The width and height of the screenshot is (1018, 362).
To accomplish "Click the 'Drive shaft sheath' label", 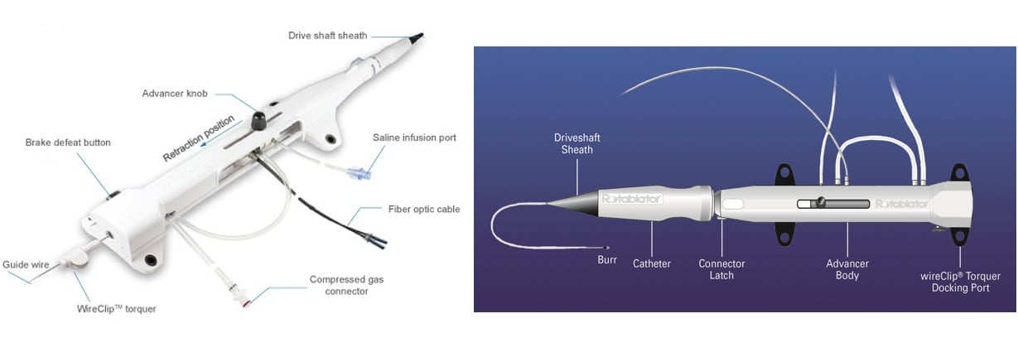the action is (x=328, y=36).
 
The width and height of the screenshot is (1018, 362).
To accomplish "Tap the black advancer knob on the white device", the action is (x=259, y=121).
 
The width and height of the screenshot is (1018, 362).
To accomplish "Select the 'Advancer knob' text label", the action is (x=175, y=94).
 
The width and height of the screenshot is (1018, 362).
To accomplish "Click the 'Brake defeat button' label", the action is (x=68, y=142).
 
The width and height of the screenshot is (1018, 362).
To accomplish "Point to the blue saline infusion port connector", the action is (x=358, y=173).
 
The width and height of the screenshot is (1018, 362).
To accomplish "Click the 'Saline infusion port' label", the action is (x=414, y=138).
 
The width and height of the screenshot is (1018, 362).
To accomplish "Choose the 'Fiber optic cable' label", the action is (x=424, y=210).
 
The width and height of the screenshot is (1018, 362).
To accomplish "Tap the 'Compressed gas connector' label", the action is (x=346, y=285).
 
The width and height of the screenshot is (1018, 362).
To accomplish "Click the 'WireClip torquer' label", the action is (x=116, y=309).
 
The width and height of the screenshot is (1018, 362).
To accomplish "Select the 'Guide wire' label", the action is (x=26, y=265).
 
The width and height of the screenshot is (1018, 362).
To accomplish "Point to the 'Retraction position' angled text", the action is (x=199, y=138).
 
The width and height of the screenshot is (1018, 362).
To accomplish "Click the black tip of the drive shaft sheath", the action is (x=417, y=38).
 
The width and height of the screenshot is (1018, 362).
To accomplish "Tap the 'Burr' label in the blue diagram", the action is (x=607, y=260).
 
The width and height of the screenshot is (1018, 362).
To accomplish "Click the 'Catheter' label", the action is (x=652, y=263).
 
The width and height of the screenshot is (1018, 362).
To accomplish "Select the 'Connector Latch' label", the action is (x=721, y=270).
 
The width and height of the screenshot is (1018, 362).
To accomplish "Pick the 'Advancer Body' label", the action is (x=847, y=270).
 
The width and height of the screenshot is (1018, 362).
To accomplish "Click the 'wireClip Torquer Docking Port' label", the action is (x=960, y=282).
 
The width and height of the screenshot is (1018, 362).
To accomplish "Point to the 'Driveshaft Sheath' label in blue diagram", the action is (x=577, y=143).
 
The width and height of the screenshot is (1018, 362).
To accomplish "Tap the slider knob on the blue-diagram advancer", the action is (x=820, y=202).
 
